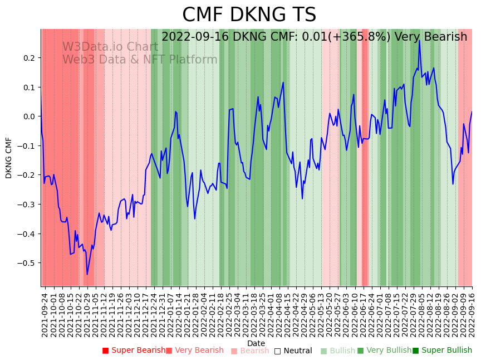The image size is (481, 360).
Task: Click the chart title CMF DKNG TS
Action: pyautogui.click(x=249, y=15)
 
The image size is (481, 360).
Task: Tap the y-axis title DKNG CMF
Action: pyautogui.click(x=8, y=158)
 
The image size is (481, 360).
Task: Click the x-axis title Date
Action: pyautogui.click(x=256, y=343)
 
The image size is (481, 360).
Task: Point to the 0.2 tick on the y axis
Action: pyautogui.click(x=29, y=58)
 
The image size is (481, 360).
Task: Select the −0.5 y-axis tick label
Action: pyautogui.click(x=27, y=263)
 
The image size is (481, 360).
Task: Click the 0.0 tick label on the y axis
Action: pyautogui.click(x=29, y=116)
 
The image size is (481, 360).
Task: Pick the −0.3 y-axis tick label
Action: pyautogui.click(x=27, y=205)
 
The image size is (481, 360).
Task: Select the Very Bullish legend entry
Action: pyautogui.click(x=385, y=351)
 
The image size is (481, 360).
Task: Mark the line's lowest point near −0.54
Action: pyautogui.click(x=87, y=274)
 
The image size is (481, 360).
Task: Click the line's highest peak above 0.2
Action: pyautogui.click(x=419, y=41)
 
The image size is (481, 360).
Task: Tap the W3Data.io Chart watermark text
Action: pyautogui.click(x=110, y=47)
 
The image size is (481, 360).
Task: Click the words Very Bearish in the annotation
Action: pyautogui.click(x=431, y=37)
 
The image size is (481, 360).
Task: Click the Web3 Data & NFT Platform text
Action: pyautogui.click(x=140, y=60)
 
